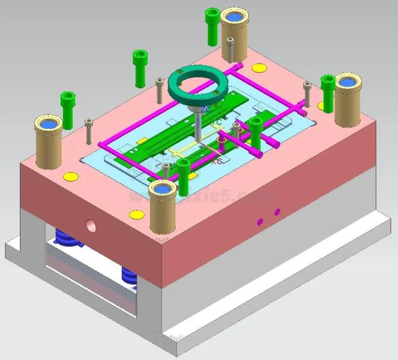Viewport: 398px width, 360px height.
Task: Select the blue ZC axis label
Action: [x=205, y=110]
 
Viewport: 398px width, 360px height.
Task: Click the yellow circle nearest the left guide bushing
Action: [x=71, y=176]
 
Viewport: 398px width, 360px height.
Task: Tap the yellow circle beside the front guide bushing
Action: [x=137, y=214]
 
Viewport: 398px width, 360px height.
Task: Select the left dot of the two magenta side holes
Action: [x=260, y=222]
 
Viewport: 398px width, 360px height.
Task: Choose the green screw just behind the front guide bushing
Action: [x=183, y=170]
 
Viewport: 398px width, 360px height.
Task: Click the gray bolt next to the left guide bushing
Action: [x=88, y=131]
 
